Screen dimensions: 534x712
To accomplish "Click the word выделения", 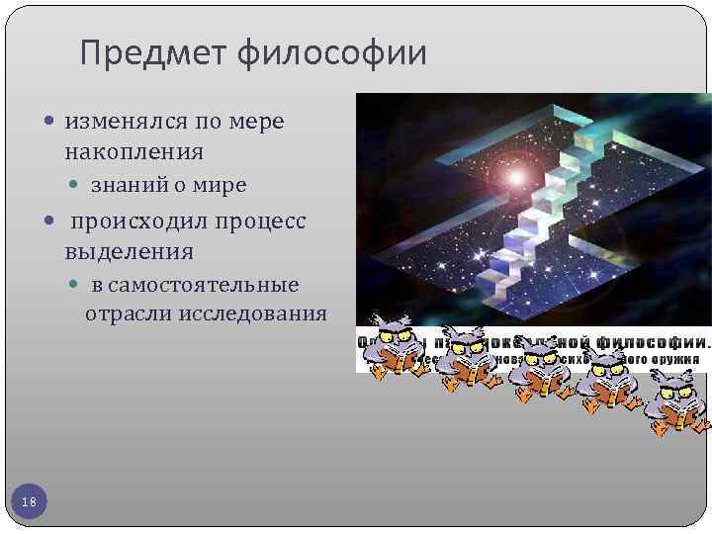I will [129, 251].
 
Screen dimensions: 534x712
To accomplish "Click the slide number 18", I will [29, 503].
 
